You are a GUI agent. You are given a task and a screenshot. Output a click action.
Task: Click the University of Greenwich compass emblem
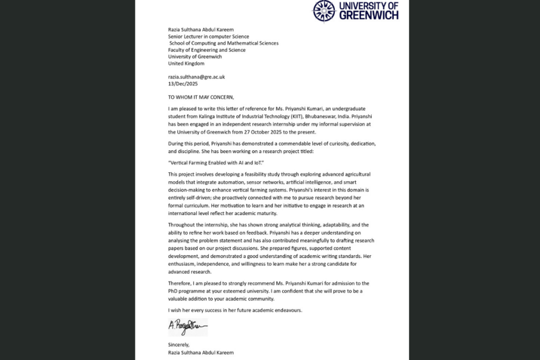click(324, 11)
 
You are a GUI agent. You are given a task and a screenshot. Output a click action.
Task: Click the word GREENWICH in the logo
click(369, 15)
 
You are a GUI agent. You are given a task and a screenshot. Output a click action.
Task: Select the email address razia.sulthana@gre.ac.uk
click(196, 76)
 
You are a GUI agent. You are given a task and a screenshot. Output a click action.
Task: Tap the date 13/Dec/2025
click(182, 83)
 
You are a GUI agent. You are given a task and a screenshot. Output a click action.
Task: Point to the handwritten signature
click(188, 327)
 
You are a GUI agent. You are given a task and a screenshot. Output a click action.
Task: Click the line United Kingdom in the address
click(186, 63)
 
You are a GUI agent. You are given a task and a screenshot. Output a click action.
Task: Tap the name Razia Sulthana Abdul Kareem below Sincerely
click(200, 352)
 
